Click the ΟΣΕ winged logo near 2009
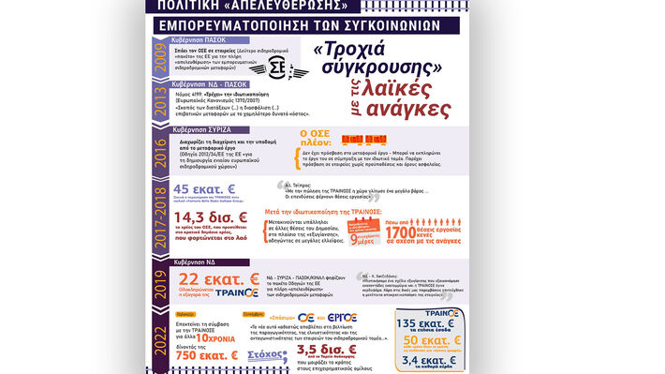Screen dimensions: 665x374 point(278,67)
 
